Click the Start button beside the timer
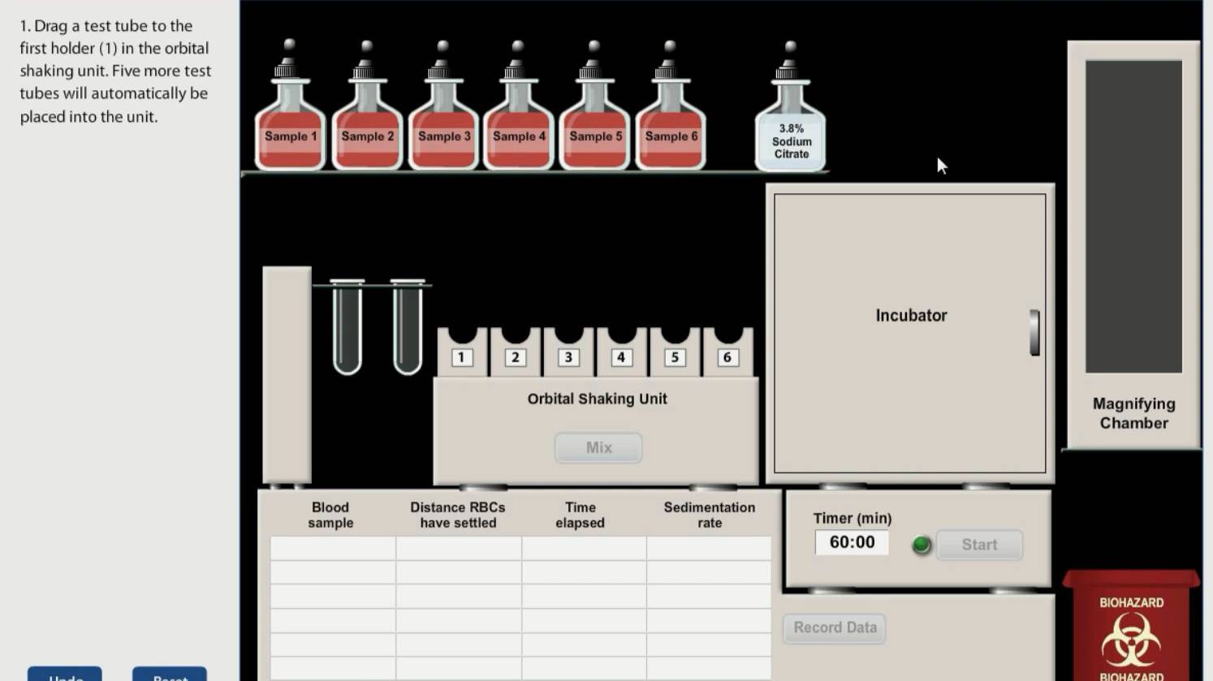[979, 545]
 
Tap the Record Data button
[835, 627]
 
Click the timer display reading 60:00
[852, 542]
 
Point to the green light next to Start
[921, 545]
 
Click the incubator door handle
[1034, 332]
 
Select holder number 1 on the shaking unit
[462, 356]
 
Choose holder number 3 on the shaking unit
[568, 356]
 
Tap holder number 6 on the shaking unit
[727, 356]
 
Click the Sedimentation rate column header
[709, 515]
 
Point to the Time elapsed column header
[580, 515]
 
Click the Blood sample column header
[330, 515]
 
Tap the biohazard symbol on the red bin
[1130, 640]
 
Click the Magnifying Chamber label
[1133, 413]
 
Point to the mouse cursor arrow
[941, 166]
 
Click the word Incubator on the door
[911, 316]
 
